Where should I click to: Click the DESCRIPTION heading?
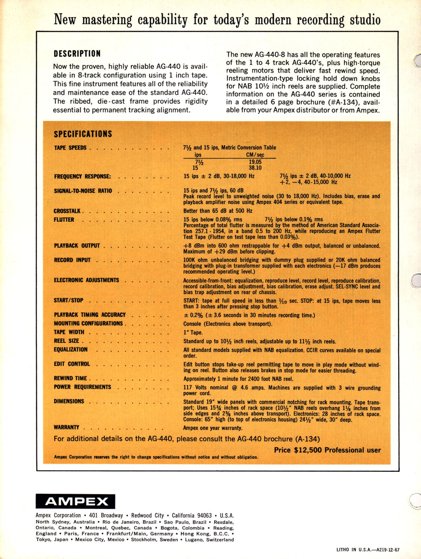pyautogui.click(x=77, y=54)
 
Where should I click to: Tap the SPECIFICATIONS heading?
pyautogui.click(x=83, y=134)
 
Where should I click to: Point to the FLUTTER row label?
pyautogui.click(x=64, y=219)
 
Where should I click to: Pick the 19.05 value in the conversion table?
pyautogui.click(x=255, y=162)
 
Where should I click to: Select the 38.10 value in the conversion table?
pyautogui.click(x=255, y=168)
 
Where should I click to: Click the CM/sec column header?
pyautogui.click(x=255, y=155)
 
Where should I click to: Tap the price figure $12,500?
pyautogui.click(x=308, y=450)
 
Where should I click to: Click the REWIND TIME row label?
pyautogui.click(x=70, y=378)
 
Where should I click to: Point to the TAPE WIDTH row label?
pyautogui.click(x=69, y=332)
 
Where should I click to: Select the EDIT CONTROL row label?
pyautogui.click(x=72, y=364)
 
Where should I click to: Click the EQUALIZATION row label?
pyautogui.click(x=71, y=349)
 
